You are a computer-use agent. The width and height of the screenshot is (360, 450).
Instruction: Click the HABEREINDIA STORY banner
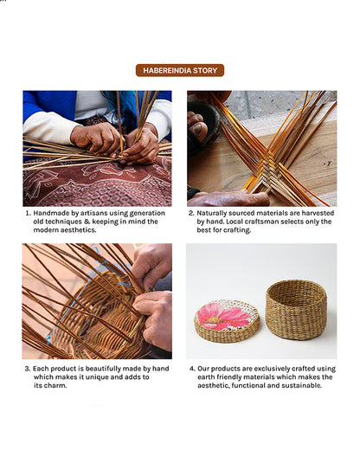click(180, 70)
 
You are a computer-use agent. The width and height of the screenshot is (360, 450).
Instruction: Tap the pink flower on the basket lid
click(222, 317)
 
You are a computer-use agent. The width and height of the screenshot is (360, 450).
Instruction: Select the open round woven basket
click(296, 310)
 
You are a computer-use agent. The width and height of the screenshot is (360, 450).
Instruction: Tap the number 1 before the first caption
click(28, 214)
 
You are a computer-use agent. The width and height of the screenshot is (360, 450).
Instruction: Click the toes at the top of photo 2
click(198, 124)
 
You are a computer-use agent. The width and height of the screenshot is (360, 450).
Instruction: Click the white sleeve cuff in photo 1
click(50, 128)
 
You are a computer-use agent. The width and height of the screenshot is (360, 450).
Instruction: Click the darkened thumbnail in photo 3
click(150, 287)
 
